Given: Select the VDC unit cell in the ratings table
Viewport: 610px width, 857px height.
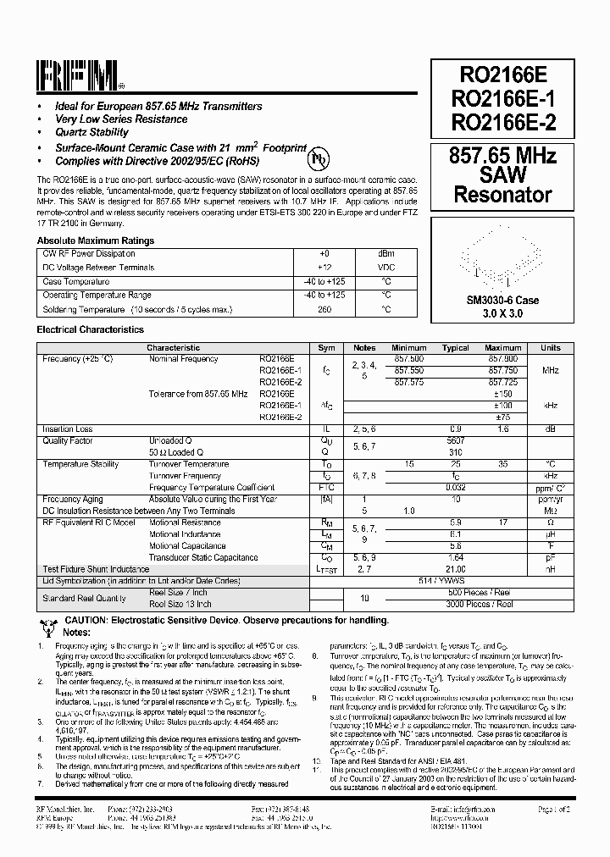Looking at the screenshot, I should point(385,268).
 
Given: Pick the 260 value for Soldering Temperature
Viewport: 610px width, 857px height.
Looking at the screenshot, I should point(324,309).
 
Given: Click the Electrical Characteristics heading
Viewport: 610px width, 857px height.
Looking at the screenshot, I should point(90,329).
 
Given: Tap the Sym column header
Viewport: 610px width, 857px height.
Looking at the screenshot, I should point(326,348).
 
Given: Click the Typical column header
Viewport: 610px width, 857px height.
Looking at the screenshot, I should point(456,348).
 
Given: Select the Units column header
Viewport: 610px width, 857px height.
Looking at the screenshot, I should point(551,348).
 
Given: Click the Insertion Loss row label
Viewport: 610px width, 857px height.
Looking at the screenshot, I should point(68,429).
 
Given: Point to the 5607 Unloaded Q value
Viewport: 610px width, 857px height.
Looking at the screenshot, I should point(456,440).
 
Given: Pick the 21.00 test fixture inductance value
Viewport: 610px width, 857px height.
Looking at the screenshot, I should point(456,569).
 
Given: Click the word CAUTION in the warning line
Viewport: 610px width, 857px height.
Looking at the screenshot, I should point(84,621).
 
